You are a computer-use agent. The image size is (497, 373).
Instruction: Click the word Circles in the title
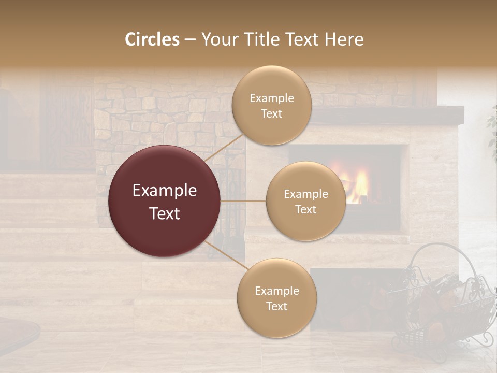tap(152, 39)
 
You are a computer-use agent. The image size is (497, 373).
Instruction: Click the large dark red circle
tap(165, 201)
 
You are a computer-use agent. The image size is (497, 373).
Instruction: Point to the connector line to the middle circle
tap(243, 201)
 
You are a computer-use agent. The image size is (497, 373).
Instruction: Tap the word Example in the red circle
tap(165, 191)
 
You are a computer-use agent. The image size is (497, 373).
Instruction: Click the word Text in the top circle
tap(271, 114)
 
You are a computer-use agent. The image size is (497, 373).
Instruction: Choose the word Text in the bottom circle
tap(277, 306)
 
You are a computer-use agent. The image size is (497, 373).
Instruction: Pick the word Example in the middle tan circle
tap(305, 194)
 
